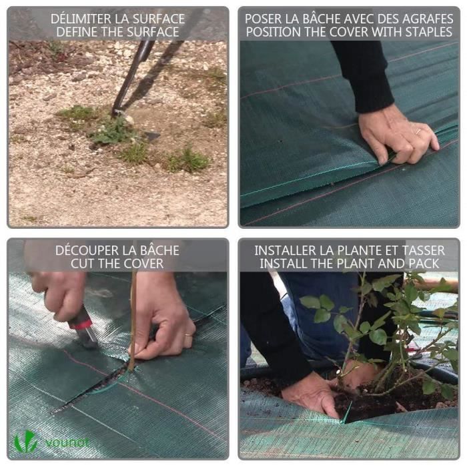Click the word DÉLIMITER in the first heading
pyautogui.click(x=78, y=18)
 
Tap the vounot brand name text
pyautogui.click(x=67, y=442)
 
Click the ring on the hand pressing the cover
pyautogui.click(x=417, y=133)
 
